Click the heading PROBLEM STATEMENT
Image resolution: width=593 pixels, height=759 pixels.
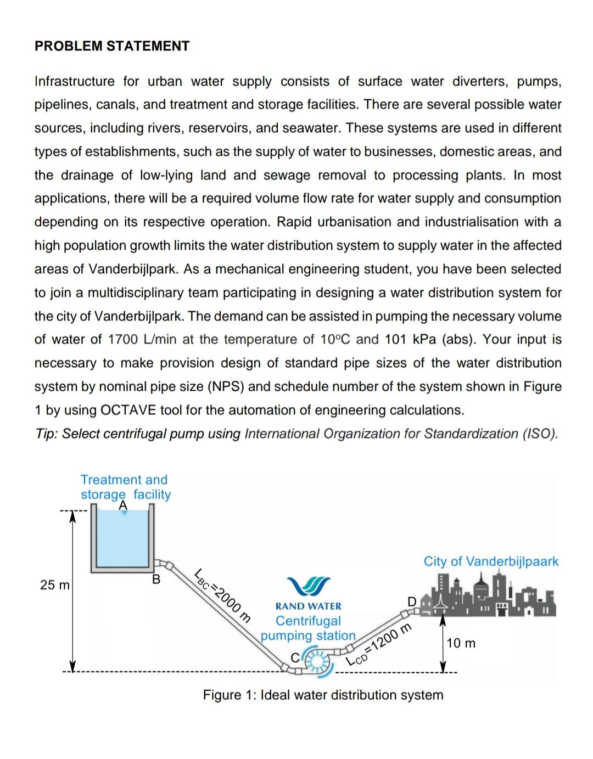click(x=112, y=46)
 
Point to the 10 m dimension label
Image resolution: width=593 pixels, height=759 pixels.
click(x=461, y=643)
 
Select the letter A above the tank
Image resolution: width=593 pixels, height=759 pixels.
click(x=123, y=504)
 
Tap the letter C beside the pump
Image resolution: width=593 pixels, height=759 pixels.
click(x=295, y=656)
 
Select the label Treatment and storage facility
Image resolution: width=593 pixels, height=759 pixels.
click(x=125, y=487)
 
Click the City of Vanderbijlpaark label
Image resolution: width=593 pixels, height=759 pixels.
click(x=491, y=561)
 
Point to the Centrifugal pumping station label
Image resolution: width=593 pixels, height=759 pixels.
click(x=308, y=628)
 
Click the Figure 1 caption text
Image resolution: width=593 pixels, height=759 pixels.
click(x=323, y=695)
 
